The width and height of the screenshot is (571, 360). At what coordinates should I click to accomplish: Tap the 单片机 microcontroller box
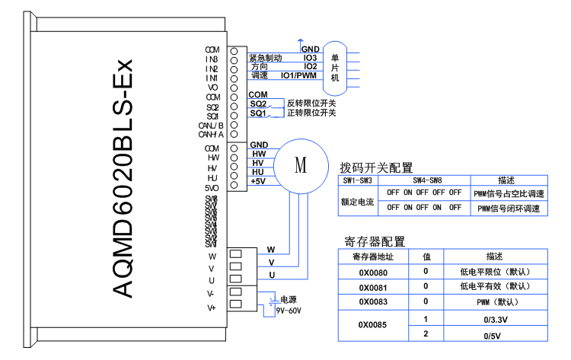(x=335, y=67)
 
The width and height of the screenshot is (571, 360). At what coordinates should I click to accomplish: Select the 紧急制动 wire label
(x=266, y=58)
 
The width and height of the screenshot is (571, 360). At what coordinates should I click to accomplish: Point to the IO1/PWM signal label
(x=298, y=75)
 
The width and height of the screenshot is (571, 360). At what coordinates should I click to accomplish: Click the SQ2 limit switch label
(x=258, y=104)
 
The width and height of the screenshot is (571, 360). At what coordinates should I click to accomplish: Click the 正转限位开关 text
(x=311, y=113)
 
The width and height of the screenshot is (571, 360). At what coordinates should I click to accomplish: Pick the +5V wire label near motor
(x=258, y=181)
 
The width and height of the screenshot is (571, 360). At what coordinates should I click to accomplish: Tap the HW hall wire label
(x=258, y=155)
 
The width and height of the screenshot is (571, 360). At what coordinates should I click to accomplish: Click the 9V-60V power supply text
(x=289, y=311)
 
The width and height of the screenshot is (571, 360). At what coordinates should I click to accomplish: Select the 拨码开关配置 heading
(x=375, y=167)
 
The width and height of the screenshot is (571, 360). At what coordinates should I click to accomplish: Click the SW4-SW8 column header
(x=427, y=180)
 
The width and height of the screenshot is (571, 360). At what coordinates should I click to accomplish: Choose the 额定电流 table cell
(x=358, y=202)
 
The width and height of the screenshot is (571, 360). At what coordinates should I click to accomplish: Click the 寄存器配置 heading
(x=375, y=241)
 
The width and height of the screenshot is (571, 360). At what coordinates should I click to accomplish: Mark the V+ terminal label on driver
(x=212, y=308)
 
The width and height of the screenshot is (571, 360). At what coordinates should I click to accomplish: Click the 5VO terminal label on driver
(x=212, y=187)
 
